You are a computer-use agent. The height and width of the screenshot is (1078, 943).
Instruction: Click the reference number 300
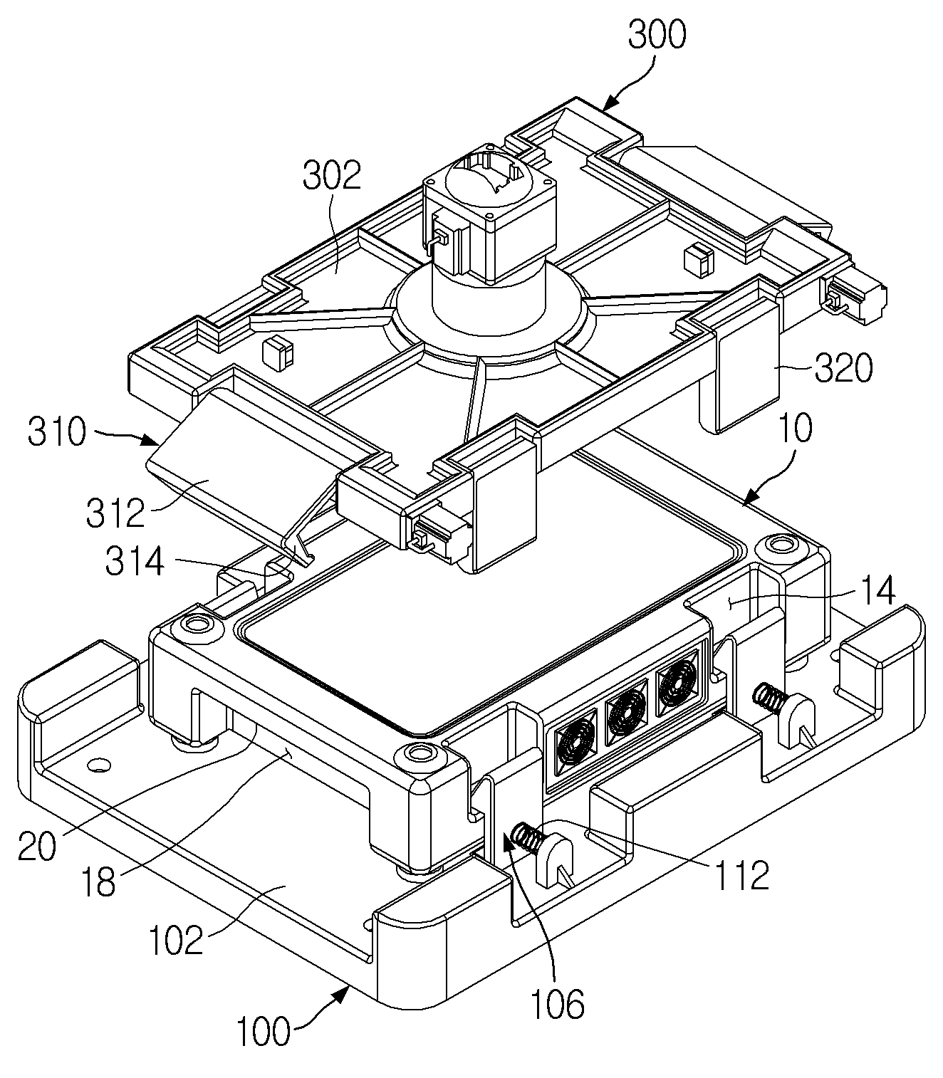pos(657,35)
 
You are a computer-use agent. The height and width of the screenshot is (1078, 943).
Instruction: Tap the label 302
pos(332,175)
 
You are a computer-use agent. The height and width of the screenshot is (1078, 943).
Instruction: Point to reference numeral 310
pos(57,431)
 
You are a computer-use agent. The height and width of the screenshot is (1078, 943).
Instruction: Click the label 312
pos(115,513)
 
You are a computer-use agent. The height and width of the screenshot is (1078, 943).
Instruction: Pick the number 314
pos(135,562)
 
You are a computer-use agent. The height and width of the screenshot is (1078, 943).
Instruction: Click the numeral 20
pos(37,847)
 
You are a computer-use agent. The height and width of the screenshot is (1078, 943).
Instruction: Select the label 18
pos(98,882)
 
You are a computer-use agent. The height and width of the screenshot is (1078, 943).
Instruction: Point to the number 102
pos(176,941)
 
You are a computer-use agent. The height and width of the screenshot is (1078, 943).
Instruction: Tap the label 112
pos(741,875)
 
